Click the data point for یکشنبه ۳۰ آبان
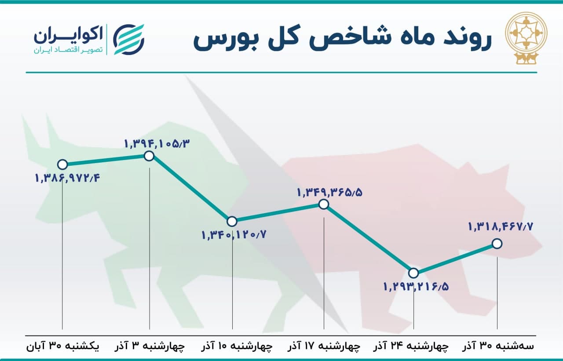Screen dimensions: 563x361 click(62, 164)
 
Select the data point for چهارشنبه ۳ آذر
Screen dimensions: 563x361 click(149, 156)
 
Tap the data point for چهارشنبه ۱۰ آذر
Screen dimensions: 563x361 click(232, 222)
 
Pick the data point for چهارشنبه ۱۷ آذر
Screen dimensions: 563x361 click(324, 204)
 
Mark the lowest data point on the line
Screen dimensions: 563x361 click(413, 273)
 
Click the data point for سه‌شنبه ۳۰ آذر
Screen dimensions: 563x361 click(497, 244)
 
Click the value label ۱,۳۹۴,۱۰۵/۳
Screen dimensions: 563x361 click(157, 144)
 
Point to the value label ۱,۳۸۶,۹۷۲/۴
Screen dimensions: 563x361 click(67, 179)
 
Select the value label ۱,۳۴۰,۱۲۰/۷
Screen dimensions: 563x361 click(234, 235)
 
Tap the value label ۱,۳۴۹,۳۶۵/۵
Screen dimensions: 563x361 click(329, 193)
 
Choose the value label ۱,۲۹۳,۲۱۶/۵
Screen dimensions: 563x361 click(416, 287)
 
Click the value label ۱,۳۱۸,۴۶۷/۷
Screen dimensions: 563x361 click(501, 227)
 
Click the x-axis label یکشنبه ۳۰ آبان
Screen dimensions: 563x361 click(63, 346)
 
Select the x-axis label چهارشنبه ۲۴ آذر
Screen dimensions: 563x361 click(411, 346)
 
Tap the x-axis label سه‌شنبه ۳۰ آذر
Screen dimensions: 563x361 click(498, 346)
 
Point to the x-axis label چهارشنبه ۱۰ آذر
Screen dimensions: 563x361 click(237, 346)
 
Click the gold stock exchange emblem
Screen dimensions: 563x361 click(526, 40)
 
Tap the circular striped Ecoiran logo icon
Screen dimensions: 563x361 click(128, 40)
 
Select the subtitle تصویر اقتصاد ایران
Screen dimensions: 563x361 click(68, 50)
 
